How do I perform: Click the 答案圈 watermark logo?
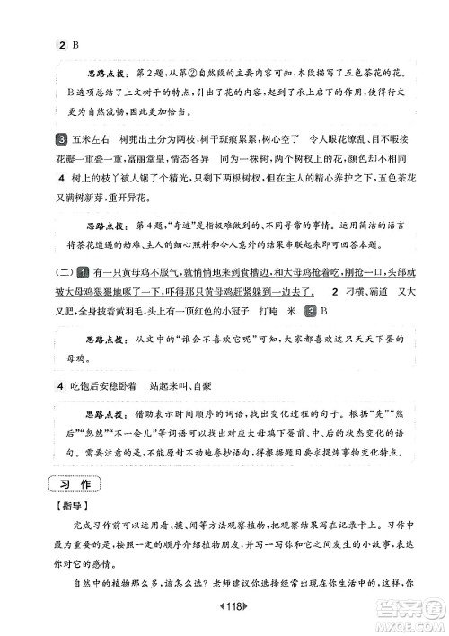409,614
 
